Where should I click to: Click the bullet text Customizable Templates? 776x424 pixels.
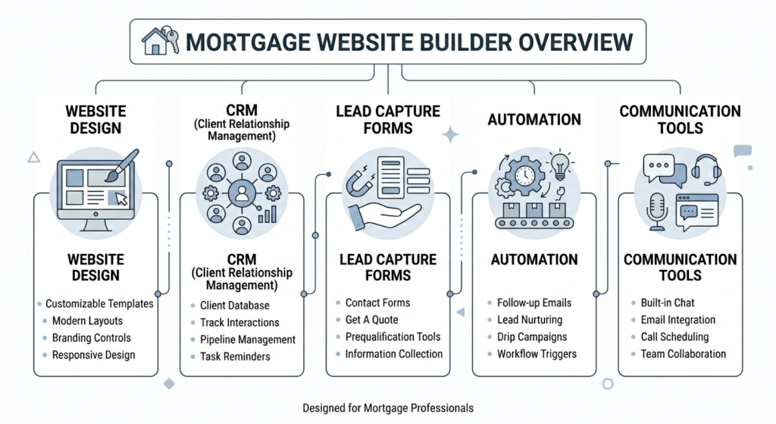[x=99, y=303]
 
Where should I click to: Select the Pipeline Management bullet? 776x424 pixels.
[x=248, y=340]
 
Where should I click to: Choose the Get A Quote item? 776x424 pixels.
[x=371, y=319]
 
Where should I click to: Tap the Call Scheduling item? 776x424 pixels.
[x=674, y=337]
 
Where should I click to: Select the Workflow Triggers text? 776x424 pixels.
[x=537, y=354]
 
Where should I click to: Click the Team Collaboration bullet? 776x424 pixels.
[x=683, y=353]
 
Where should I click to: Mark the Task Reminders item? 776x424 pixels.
[x=235, y=356]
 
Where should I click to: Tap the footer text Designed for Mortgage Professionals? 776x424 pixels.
[x=387, y=408]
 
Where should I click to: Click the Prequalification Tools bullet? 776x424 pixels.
[x=393, y=336]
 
